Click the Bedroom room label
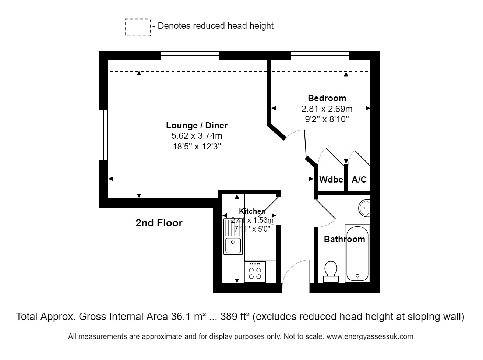327,98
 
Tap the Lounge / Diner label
197,126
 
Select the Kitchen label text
252,211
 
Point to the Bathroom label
344,239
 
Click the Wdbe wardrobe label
331,180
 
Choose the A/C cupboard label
359,180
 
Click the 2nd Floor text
159,223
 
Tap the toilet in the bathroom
331,271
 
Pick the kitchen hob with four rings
255,272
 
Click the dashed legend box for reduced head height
138,28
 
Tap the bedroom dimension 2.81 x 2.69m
327,109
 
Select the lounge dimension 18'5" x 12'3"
197,147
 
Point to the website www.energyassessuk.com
370,336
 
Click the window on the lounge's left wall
103,135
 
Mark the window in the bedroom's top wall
320,56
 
